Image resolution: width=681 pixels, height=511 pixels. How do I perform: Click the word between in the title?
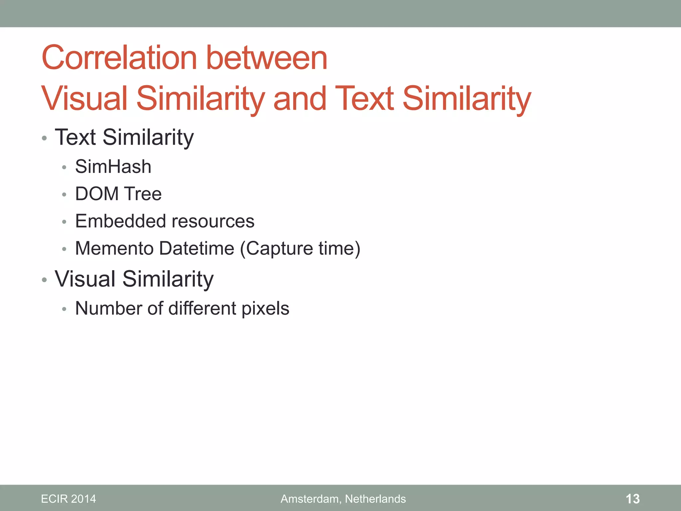pyautogui.click(x=267, y=58)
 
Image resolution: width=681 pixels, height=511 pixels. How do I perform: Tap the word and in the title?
pyautogui.click(x=300, y=98)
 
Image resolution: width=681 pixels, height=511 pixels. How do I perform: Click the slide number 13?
pyautogui.click(x=632, y=499)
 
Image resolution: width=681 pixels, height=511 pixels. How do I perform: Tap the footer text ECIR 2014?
pyautogui.click(x=68, y=499)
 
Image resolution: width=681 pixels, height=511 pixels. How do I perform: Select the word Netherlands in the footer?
pyautogui.click(x=375, y=499)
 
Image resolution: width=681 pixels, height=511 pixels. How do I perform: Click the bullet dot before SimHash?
pyautogui.click(x=64, y=167)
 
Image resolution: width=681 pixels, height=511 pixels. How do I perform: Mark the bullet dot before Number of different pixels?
pyautogui.click(x=64, y=309)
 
